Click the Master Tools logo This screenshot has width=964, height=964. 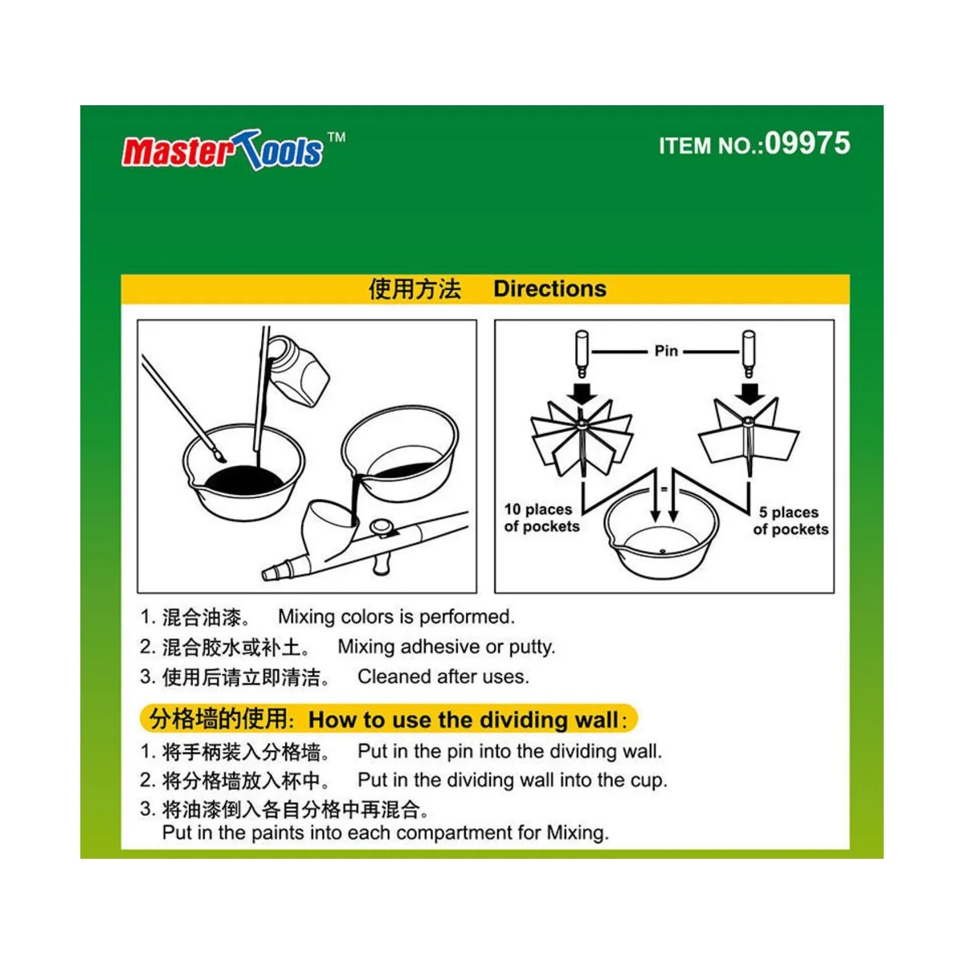point(223,150)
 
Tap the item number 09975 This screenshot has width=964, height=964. point(807,144)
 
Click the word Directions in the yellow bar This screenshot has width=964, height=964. point(549,289)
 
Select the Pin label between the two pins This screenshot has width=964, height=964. point(666,351)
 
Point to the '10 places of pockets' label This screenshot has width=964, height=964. point(541,518)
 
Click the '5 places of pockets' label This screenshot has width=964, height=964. point(790,521)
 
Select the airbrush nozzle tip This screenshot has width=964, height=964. point(272,573)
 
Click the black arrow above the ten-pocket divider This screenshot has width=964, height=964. point(582,393)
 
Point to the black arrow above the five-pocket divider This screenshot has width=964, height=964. point(750,393)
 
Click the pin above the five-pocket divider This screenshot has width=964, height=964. point(749,353)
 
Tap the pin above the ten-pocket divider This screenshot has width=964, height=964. point(582,353)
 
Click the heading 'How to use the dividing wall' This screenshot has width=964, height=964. point(464,720)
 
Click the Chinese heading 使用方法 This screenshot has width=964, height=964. point(415,289)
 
